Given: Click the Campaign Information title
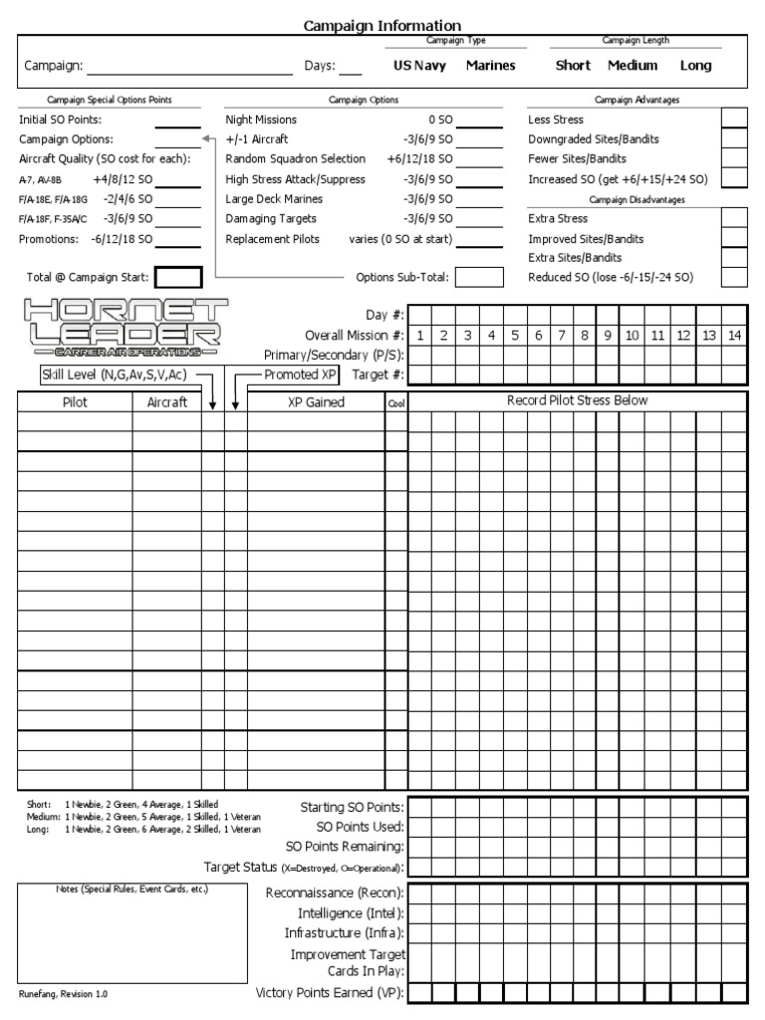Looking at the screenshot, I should pyautogui.click(x=382, y=25).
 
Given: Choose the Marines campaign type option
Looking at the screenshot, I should pyautogui.click(x=490, y=66).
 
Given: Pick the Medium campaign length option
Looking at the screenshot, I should pyautogui.click(x=633, y=66).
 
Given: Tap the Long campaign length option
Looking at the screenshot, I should pyautogui.click(x=695, y=66).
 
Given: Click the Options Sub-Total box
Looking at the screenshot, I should pyautogui.click(x=479, y=278).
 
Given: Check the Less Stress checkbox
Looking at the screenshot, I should pyautogui.click(x=734, y=120).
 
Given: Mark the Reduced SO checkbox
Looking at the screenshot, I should pyautogui.click(x=734, y=277).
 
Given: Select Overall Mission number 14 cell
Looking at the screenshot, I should pyautogui.click(x=734, y=336).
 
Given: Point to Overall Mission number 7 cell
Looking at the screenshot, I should pyautogui.click(x=562, y=336).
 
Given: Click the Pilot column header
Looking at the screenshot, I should pyautogui.click(x=75, y=401).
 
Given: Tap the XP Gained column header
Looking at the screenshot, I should pyautogui.click(x=315, y=401).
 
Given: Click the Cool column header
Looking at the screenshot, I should pyautogui.click(x=395, y=402).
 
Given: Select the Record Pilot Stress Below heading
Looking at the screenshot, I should pyautogui.click(x=577, y=400).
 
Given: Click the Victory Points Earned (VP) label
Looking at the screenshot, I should pyautogui.click(x=330, y=993).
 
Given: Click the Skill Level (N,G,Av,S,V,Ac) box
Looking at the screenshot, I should pyautogui.click(x=114, y=375).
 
